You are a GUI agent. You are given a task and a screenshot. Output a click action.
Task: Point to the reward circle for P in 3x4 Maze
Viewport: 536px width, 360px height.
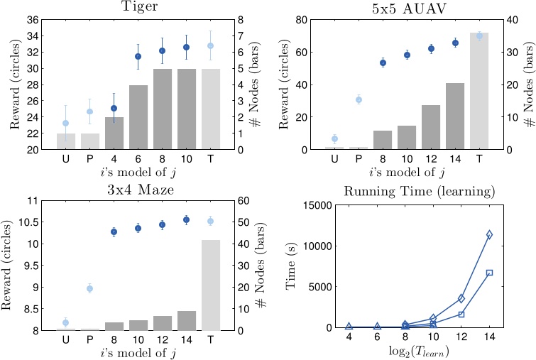tap(89, 288)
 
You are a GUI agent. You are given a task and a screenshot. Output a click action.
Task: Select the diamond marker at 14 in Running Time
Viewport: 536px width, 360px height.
tap(489, 234)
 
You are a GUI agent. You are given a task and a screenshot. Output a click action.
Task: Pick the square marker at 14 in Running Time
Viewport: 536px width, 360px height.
tap(489, 273)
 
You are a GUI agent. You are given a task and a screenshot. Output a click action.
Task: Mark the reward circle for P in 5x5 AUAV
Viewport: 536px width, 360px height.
tap(359, 99)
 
